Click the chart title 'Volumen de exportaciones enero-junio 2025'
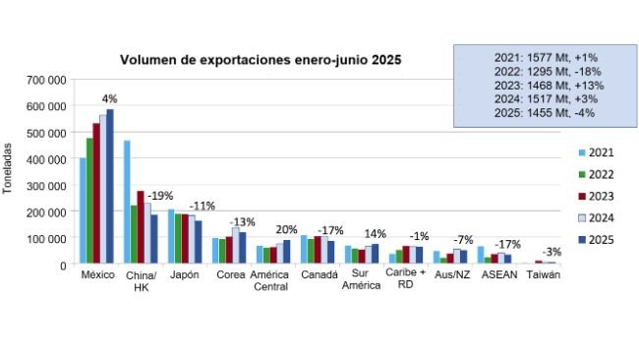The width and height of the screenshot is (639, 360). [260, 60]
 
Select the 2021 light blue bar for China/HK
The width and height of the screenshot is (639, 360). [127, 202]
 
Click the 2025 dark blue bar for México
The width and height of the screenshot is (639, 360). [110, 186]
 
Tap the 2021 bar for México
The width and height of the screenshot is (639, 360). [84, 210]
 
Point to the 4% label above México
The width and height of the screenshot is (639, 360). [109, 98]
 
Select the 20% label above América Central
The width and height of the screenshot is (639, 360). [286, 229]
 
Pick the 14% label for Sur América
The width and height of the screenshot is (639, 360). [375, 233]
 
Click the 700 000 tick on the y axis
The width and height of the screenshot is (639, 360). [47, 79]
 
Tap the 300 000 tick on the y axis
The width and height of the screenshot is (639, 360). [47, 185]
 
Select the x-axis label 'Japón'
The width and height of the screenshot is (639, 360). [184, 275]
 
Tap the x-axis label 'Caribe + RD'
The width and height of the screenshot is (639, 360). [405, 281]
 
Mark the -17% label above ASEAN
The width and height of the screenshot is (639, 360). [507, 244]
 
